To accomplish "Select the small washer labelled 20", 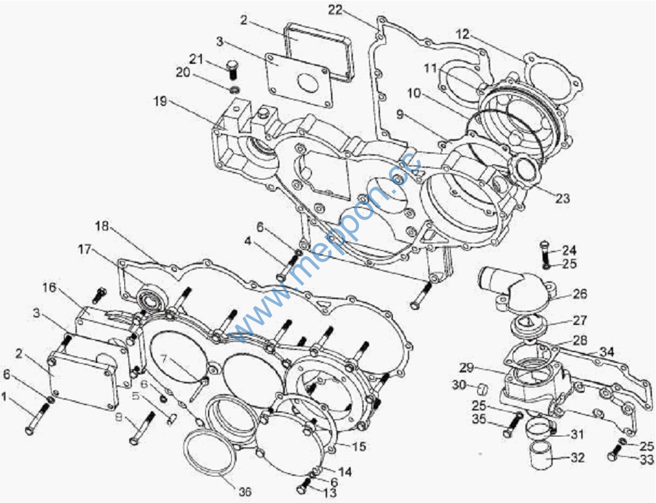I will [234, 90].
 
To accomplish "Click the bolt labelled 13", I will [303, 487].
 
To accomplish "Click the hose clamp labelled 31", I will [542, 429].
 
